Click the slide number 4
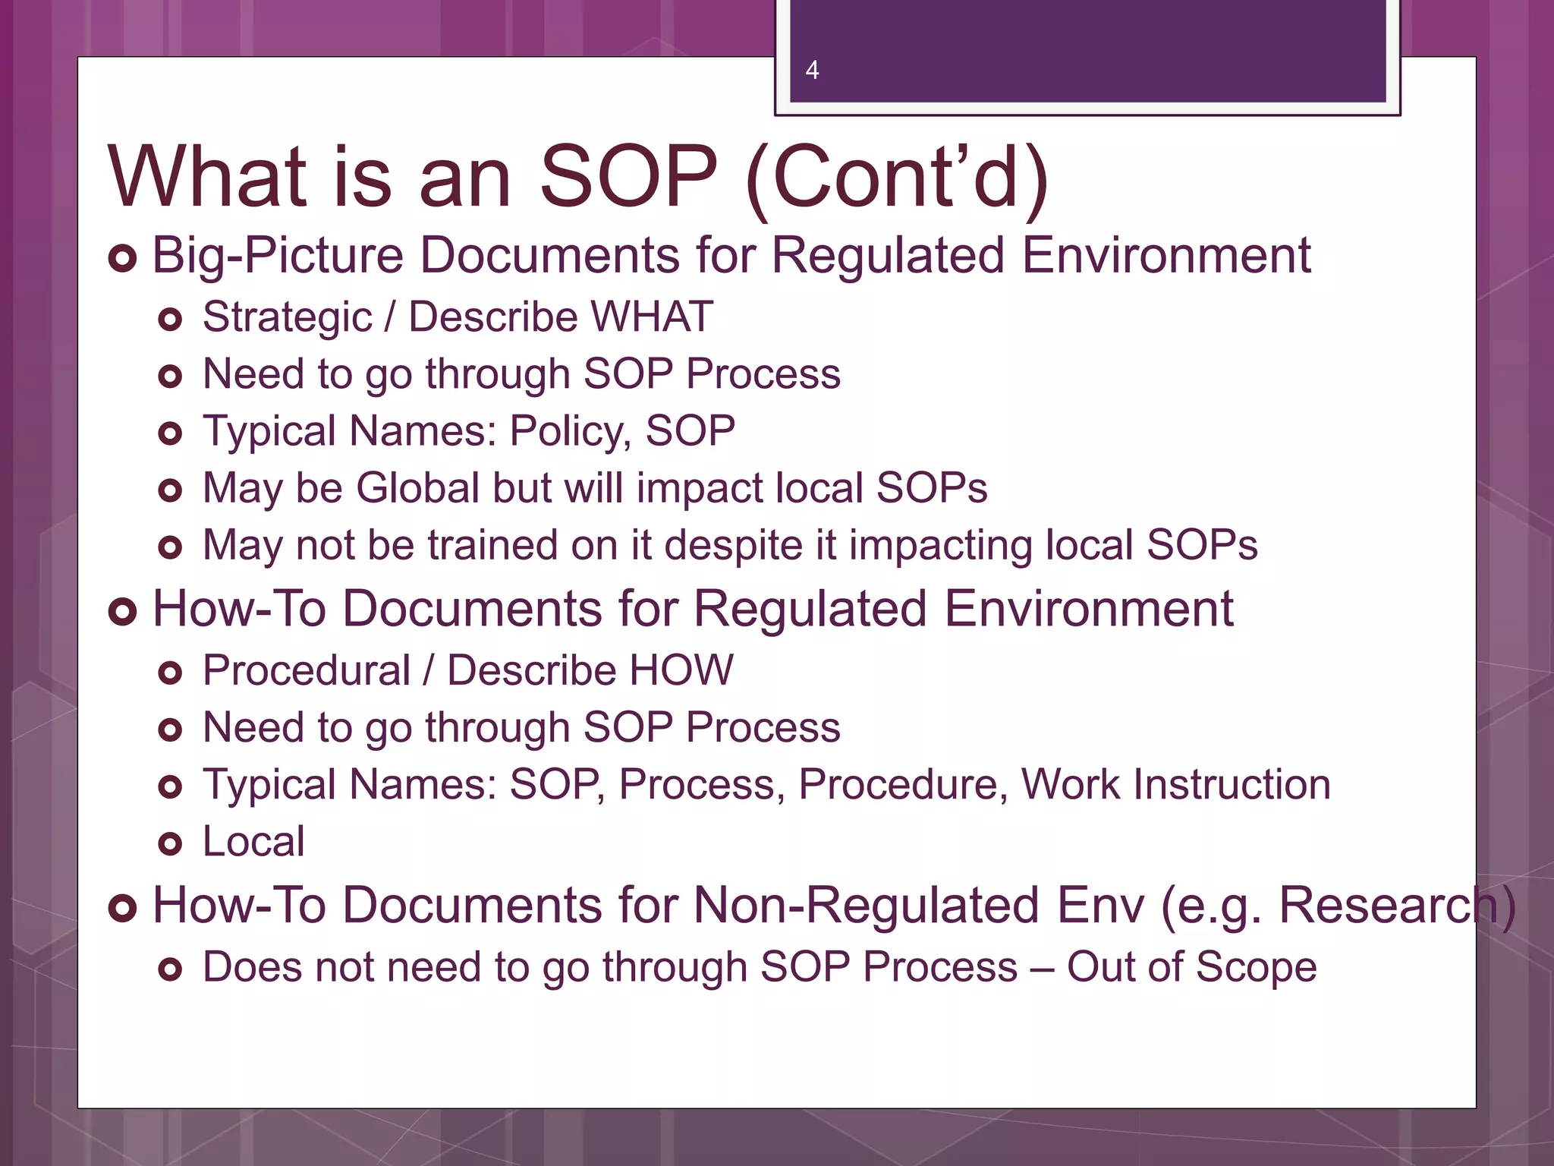tap(812, 71)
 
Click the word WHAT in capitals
tap(652, 317)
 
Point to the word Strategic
tap(288, 318)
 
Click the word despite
tap(734, 547)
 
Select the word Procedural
tap(307, 671)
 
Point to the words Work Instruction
tap(1175, 785)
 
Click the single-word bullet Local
tap(253, 842)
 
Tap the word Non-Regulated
tap(866, 906)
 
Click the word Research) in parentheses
tap(1397, 906)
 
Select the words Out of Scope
tap(1191, 968)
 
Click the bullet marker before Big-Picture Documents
tap(122, 258)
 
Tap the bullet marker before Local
tap(170, 844)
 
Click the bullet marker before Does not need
tap(170, 969)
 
